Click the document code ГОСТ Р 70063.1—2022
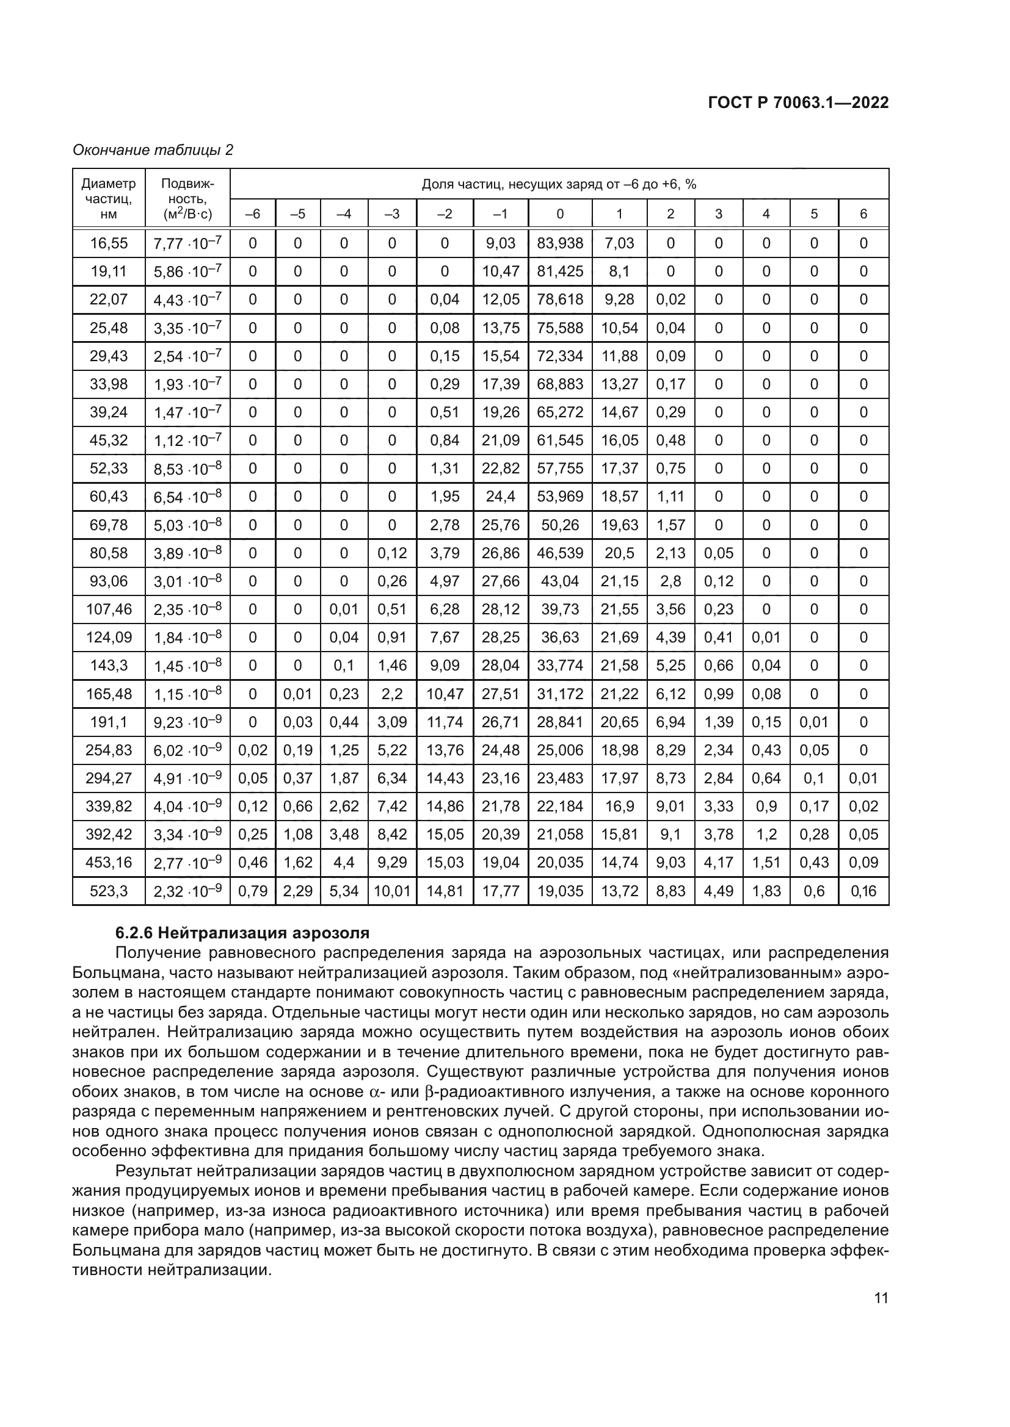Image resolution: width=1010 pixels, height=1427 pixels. point(798,103)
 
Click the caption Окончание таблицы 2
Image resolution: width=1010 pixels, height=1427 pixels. point(153,150)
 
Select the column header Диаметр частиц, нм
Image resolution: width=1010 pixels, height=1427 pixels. point(108,199)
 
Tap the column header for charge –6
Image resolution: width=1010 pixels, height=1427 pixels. point(253,214)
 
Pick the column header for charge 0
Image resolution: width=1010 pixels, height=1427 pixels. point(560,214)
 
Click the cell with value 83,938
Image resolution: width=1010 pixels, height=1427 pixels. point(560,243)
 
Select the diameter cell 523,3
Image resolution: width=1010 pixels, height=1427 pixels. point(108,891)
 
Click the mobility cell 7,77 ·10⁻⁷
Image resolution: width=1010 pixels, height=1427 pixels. point(187,243)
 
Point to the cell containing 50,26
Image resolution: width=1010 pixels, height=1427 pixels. point(560,525)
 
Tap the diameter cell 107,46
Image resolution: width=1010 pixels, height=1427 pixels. point(108,609)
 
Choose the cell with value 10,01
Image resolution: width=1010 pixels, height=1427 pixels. point(392,891)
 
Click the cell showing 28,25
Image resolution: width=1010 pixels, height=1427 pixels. point(501,637)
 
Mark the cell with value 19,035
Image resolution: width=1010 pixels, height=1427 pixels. point(560,891)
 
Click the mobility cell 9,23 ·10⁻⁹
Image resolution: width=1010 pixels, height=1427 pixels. point(187,722)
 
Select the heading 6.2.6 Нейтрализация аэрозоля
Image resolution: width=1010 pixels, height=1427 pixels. point(242,932)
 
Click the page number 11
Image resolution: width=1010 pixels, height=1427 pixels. point(881,1298)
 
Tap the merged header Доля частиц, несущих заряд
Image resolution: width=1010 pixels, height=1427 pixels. point(559,184)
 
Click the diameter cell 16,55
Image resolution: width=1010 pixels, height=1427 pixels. point(108,243)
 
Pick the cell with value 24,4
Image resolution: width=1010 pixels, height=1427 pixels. point(501,497)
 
